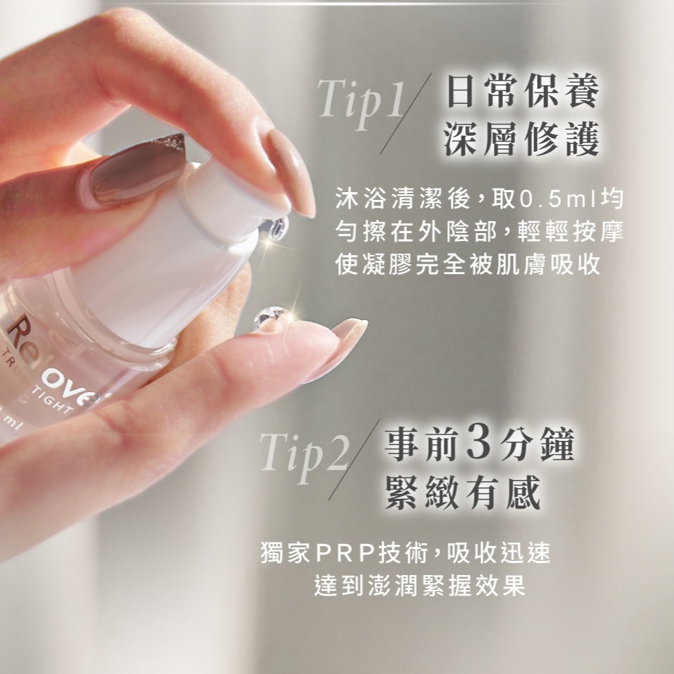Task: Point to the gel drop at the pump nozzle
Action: [276, 229]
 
